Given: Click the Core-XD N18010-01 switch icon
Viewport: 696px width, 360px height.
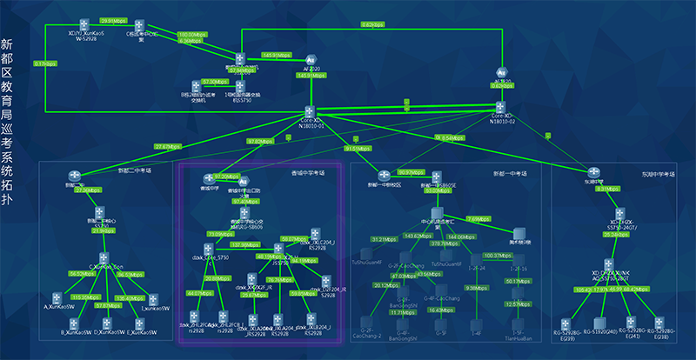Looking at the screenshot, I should coord(310,111).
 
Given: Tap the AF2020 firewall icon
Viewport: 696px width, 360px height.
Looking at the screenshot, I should coord(311,57).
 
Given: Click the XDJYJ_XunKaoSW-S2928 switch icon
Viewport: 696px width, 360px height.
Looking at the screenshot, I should coord(84,23).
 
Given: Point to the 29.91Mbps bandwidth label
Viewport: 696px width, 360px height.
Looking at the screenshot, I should coord(115,19).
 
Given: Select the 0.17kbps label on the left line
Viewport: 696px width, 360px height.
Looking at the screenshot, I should coord(46,63).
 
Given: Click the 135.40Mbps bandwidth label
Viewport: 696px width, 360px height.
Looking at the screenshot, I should coord(129,297).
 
